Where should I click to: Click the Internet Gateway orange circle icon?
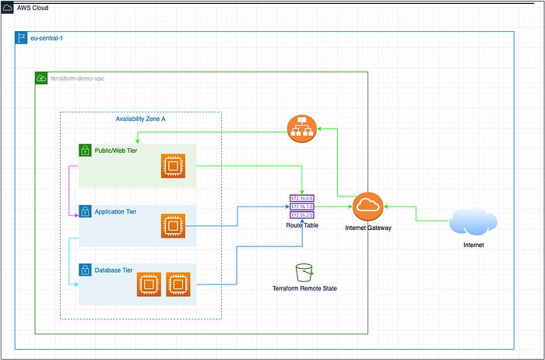[x=367, y=206]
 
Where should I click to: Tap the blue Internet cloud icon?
[x=474, y=222]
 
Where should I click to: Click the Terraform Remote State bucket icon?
[x=304, y=272]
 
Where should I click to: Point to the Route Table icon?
[x=303, y=206]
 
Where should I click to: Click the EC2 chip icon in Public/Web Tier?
[x=173, y=166]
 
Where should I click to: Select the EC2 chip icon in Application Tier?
[x=173, y=226]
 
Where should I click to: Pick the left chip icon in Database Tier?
[x=149, y=284]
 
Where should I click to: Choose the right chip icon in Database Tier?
[x=178, y=284]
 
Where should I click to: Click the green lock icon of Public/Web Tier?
[x=85, y=150]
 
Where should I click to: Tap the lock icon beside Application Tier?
[x=85, y=211]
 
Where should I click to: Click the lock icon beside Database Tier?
[x=85, y=270]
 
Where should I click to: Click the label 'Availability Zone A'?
[x=140, y=118]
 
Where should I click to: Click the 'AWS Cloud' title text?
[x=35, y=6]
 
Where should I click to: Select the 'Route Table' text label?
[x=303, y=225]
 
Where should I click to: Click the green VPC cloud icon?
[x=41, y=78]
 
